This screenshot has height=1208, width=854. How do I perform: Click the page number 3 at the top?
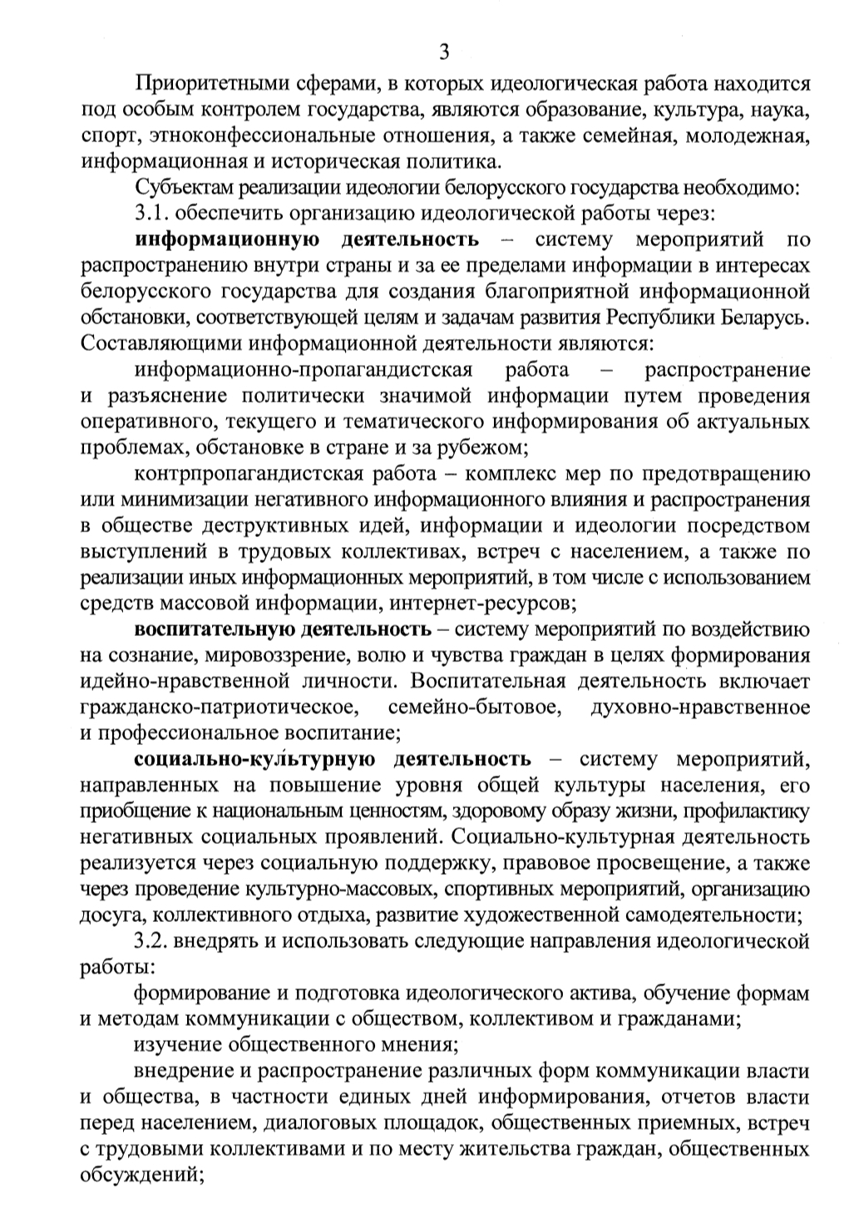coord(444,52)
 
